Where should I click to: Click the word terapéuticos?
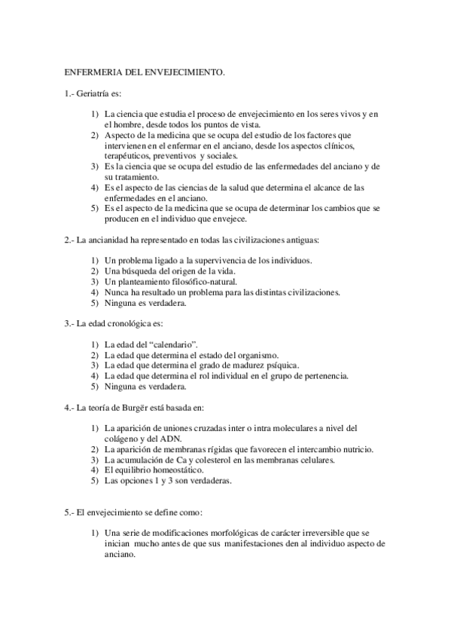[x=129, y=156]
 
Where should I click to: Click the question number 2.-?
[x=69, y=240]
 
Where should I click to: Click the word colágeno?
[x=123, y=439]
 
